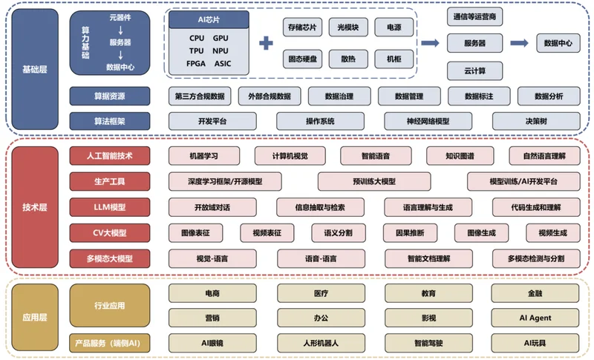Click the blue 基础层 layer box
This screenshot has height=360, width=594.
(35, 69)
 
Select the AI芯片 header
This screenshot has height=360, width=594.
(209, 19)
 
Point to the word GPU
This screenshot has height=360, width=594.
(221, 39)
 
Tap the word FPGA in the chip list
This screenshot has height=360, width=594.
(196, 64)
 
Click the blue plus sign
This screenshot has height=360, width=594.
(266, 43)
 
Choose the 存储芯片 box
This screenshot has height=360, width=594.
(302, 27)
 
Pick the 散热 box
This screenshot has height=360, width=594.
(348, 59)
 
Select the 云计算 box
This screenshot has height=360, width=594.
(474, 71)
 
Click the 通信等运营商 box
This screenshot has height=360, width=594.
(474, 16)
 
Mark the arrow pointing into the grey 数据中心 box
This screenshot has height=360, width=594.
(519, 43)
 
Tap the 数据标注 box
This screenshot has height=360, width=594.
(479, 96)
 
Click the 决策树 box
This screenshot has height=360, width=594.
(536, 121)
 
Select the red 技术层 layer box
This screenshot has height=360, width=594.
(35, 207)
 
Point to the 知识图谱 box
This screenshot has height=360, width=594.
(460, 156)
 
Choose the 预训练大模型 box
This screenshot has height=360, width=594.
(374, 182)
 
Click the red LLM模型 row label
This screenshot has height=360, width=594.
(109, 207)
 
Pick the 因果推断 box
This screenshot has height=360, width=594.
(410, 233)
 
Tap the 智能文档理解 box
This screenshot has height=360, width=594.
(428, 259)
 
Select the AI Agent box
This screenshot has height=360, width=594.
(535, 318)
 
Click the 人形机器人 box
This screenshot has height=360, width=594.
(321, 343)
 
